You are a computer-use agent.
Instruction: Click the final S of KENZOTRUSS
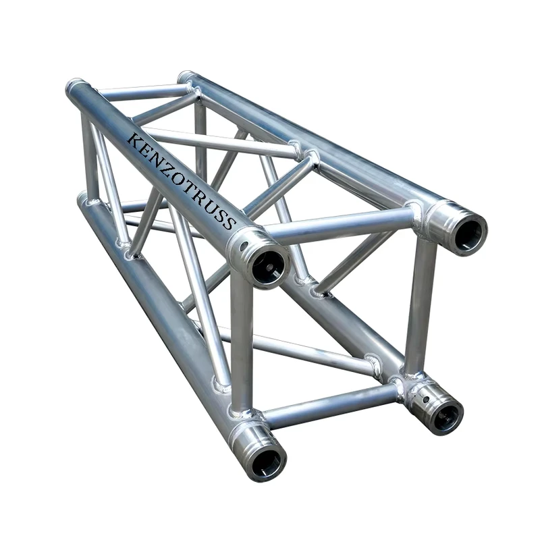click(x=229, y=223)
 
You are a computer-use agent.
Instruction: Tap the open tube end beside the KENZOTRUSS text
click(x=268, y=266)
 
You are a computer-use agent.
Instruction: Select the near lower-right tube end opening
click(x=446, y=416)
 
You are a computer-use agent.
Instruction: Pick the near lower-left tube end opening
click(x=269, y=462)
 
